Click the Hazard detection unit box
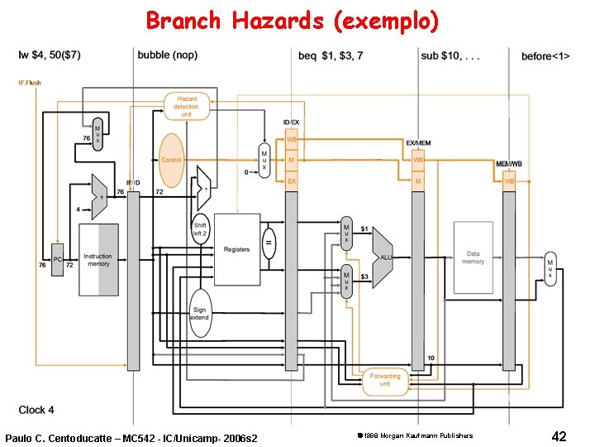[186, 105]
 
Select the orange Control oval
[171, 160]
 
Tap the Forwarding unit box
[385, 380]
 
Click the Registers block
[236, 248]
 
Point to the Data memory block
[473, 257]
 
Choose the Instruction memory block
[99, 260]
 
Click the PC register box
[57, 259]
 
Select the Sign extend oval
[200, 313]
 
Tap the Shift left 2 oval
[200, 229]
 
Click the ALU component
[383, 257]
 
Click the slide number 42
[559, 435]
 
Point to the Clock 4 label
[37, 410]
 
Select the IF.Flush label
[30, 83]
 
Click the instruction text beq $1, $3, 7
[330, 56]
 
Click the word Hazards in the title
[278, 21]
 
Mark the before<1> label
[545, 56]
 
